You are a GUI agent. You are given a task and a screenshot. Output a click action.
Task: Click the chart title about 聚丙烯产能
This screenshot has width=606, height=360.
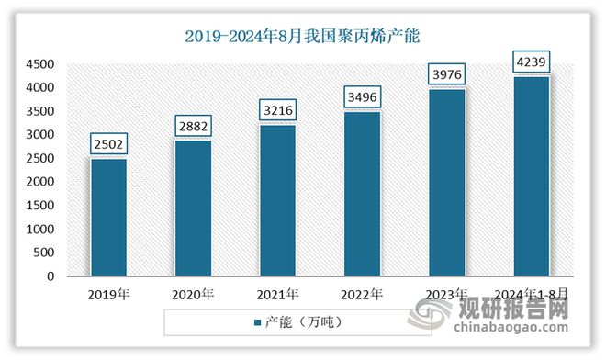point(303,37)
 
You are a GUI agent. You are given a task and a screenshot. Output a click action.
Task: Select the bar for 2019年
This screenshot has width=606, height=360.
point(108,218)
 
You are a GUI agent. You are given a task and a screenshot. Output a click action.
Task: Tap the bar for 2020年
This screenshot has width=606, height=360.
point(193,208)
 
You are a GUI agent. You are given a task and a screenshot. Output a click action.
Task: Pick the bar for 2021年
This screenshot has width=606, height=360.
point(277,200)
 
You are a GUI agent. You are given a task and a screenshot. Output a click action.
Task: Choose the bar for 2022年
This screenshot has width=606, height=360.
point(363,194)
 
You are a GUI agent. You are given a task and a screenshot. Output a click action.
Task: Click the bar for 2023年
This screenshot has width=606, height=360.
point(447,183)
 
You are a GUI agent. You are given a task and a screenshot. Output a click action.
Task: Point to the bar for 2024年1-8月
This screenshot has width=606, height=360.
point(532,176)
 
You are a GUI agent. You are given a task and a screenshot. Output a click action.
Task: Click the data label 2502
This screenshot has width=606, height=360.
point(108,144)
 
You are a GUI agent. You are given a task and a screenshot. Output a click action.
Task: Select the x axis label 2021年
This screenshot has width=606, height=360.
point(277,295)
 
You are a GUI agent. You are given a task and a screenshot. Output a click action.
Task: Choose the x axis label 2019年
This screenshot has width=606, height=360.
point(108,295)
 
